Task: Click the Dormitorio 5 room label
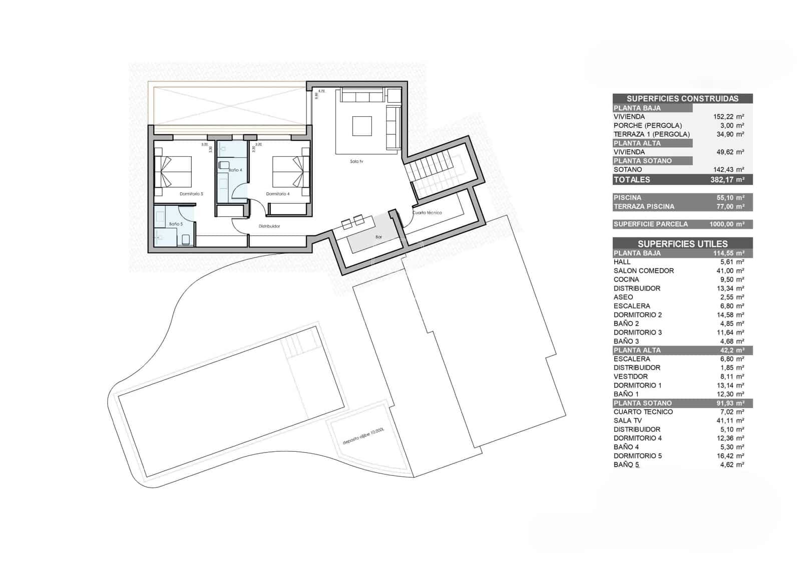(191, 194)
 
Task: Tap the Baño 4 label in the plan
(235, 170)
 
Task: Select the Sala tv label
(356, 162)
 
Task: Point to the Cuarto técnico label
(427, 213)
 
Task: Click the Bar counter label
(378, 237)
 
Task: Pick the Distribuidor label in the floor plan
(269, 226)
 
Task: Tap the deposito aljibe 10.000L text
(363, 436)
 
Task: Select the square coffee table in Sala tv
(362, 126)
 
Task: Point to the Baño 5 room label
(176, 224)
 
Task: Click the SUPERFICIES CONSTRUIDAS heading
(682, 99)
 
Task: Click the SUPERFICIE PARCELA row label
(650, 224)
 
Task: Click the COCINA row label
(626, 279)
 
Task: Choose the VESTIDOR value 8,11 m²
(730, 377)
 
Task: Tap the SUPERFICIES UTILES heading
(682, 244)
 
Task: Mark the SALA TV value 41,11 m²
(730, 421)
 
